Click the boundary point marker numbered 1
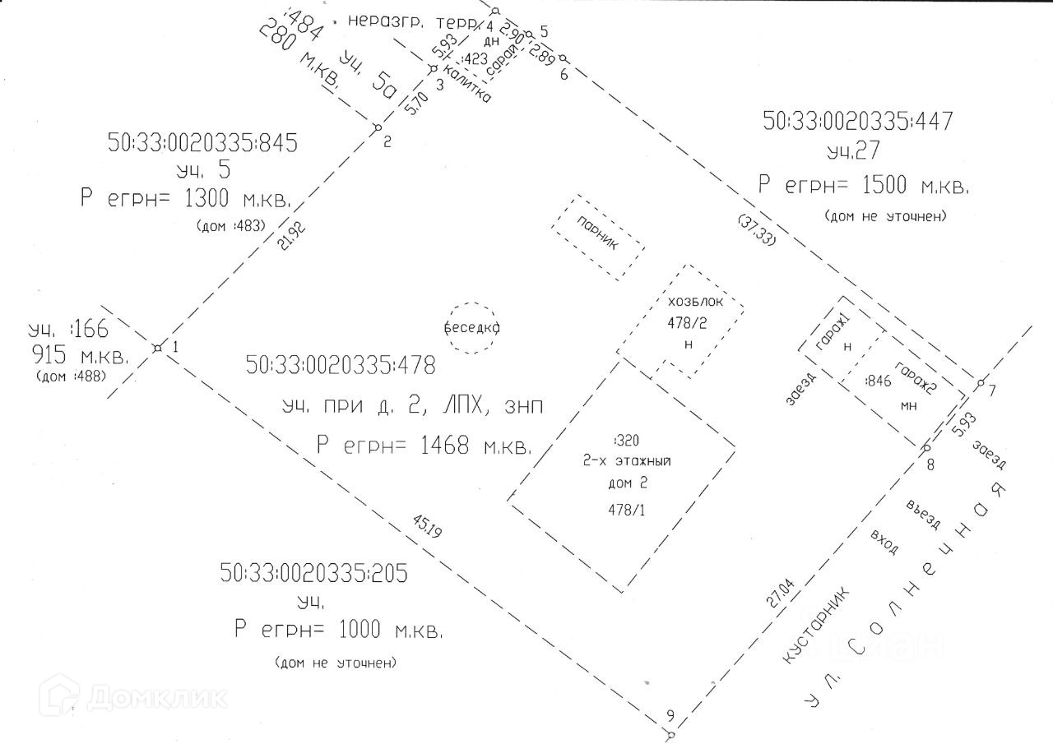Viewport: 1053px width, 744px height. point(157,348)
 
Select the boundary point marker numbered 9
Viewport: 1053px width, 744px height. point(670,733)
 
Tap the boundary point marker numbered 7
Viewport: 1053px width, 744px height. point(980,384)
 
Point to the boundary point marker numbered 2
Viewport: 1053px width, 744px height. point(377,127)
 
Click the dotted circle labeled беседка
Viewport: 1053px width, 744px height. point(472,327)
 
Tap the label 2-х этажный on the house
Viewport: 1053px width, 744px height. point(626,461)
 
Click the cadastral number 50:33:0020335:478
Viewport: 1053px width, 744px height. point(341,364)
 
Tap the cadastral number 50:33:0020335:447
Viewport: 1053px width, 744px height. point(858,122)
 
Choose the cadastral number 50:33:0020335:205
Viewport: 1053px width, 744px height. point(313,573)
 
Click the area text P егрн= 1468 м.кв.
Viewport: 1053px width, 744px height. point(424,446)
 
